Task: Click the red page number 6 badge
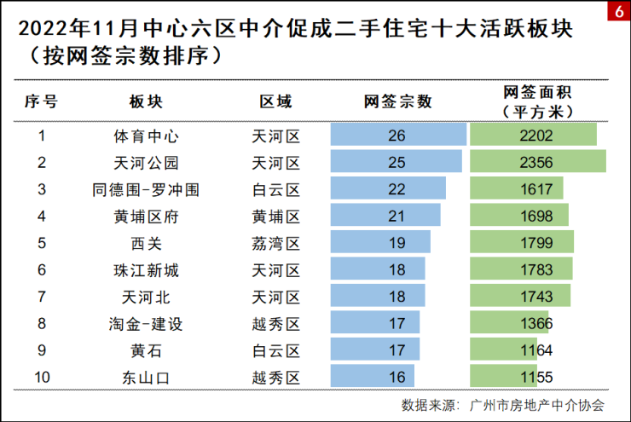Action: pos(618,12)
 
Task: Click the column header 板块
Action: pos(146,102)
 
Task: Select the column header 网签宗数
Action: pos(398,102)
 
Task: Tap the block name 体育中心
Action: pos(146,136)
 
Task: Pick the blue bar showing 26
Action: pos(398,136)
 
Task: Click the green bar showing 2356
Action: pos(537,162)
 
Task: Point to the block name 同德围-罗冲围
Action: pos(146,189)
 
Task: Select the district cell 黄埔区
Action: pos(276,216)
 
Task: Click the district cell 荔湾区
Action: pos(276,243)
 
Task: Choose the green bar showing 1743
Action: pos(520,297)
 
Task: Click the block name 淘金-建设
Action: pos(146,323)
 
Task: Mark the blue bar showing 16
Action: pos(372,377)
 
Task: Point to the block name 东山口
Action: pos(146,377)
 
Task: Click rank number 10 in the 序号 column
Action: pos(41,377)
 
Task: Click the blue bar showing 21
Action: pos(385,216)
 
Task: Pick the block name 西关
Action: pos(146,243)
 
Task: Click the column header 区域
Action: pos(276,102)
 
